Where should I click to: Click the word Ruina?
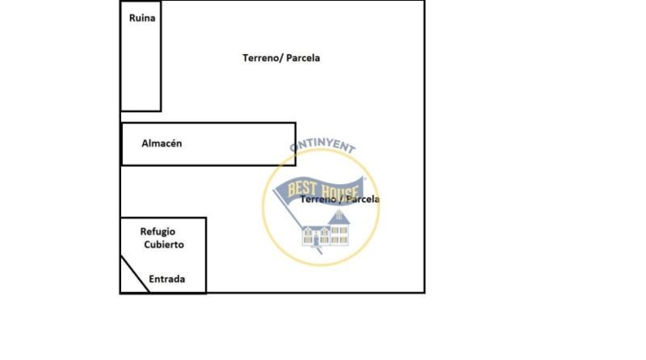(142, 18)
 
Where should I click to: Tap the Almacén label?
(162, 143)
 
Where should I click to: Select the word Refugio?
(158, 232)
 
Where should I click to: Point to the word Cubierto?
(164, 245)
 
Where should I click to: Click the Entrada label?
(167, 279)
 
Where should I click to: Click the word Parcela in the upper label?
(303, 58)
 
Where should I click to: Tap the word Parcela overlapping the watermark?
(362, 199)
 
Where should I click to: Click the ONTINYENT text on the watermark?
(322, 145)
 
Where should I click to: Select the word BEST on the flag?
(302, 189)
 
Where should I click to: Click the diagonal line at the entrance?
(135, 274)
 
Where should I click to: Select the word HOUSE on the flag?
(339, 191)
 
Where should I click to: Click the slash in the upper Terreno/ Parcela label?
(281, 58)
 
